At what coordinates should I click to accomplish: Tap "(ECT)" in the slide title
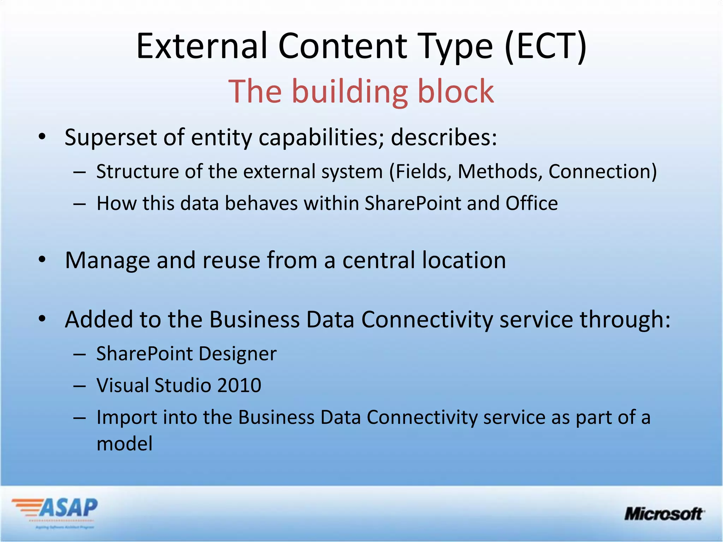coord(545,46)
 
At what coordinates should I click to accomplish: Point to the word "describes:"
coord(444,137)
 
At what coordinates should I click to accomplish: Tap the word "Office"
coord(532,204)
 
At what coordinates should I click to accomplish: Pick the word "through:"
coord(625,320)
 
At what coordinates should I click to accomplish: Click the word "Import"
coord(127,418)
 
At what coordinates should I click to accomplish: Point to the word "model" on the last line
coord(124,444)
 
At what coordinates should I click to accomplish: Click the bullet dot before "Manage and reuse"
coord(42,260)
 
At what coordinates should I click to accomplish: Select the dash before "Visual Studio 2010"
coord(80,386)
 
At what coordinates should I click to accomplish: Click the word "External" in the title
coord(202,46)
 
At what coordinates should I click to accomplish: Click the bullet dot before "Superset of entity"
coord(42,137)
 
